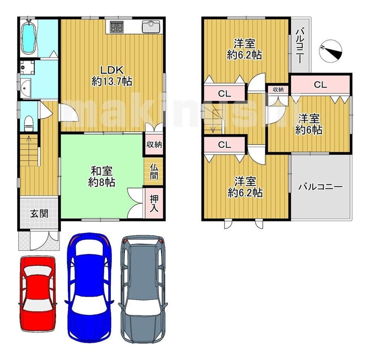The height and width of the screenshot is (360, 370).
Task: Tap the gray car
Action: tap(143, 289)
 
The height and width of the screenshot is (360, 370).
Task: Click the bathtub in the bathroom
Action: tap(29, 39)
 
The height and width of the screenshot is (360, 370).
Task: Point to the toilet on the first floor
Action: tap(29, 123)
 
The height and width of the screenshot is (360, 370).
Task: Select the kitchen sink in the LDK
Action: tap(151, 26)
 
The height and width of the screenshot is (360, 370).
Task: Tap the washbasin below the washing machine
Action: tap(25, 88)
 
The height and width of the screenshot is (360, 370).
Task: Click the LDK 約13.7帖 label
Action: tap(112, 76)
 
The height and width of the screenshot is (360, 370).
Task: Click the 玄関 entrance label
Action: tap(39, 214)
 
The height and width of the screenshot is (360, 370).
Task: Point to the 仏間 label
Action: tap(154, 172)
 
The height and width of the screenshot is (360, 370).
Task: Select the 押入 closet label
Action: tap(154, 203)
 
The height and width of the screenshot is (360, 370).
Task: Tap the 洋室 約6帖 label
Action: tap(309, 124)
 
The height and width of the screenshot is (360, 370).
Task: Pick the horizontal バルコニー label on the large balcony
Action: tap(320, 187)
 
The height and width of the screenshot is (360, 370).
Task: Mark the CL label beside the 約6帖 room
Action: tap(320, 84)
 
